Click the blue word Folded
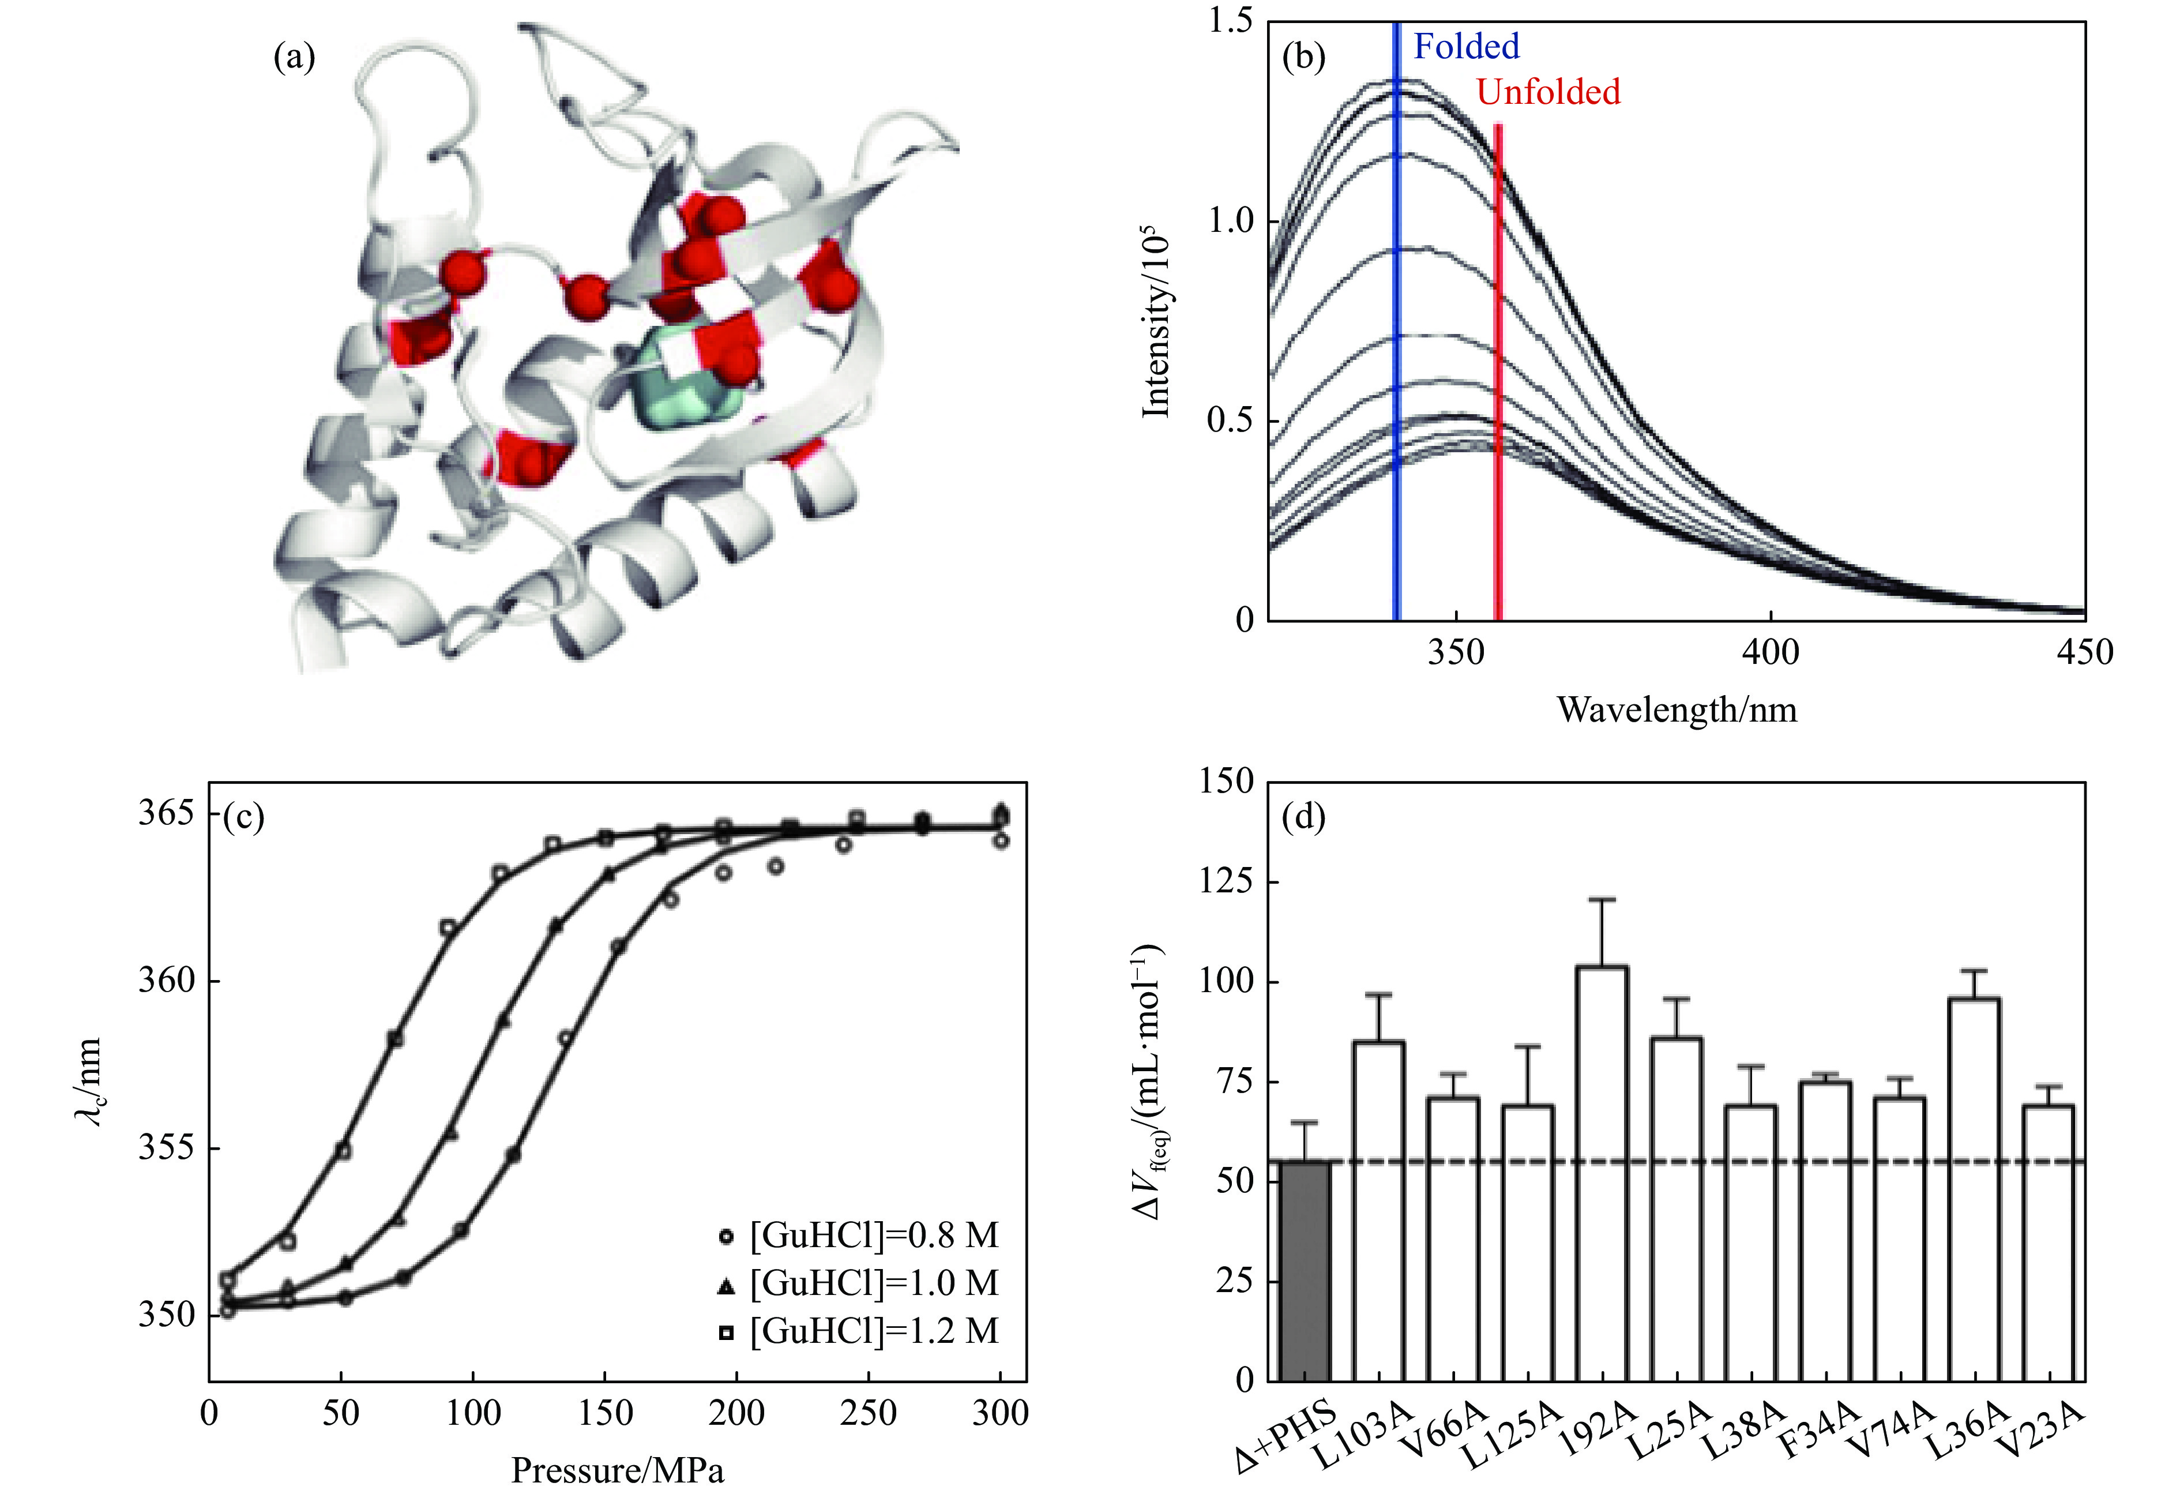click(1466, 47)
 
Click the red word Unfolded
click(1548, 92)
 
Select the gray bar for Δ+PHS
click(1305, 1271)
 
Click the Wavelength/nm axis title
click(1677, 710)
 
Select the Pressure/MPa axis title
click(617, 1470)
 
